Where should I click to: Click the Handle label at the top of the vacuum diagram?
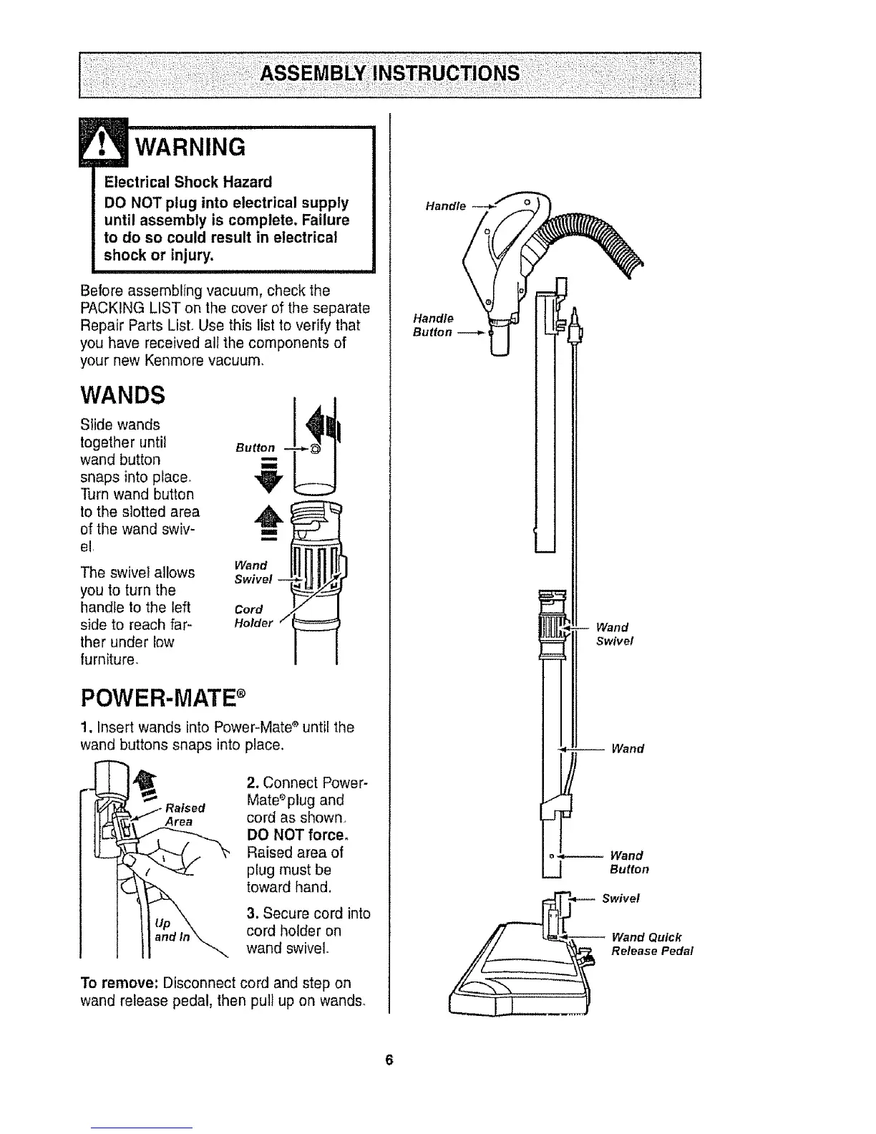pyautogui.click(x=445, y=206)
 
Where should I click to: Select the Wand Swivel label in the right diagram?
pyautogui.click(x=612, y=634)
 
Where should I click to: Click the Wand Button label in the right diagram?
pyautogui.click(x=628, y=863)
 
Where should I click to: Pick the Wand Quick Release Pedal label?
pyautogui.click(x=651, y=944)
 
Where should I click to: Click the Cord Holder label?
pyautogui.click(x=253, y=616)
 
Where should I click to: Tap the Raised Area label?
pyautogui.click(x=182, y=815)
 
